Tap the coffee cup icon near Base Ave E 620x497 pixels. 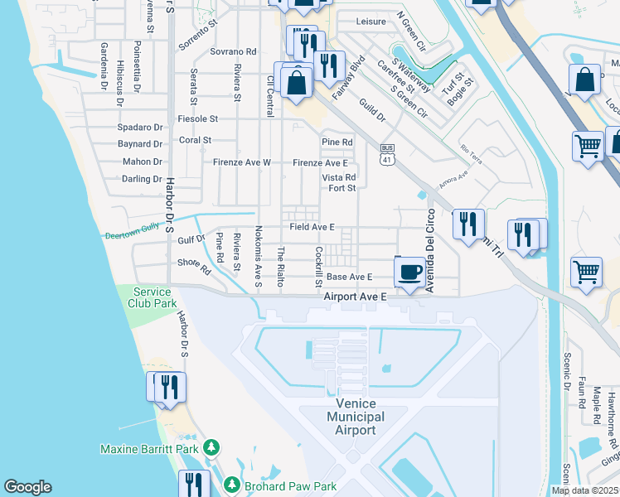(x=410, y=273)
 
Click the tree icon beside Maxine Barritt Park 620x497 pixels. (x=212, y=448)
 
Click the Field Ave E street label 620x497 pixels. (x=312, y=227)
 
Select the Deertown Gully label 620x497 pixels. (x=131, y=235)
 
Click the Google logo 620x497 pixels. (x=27, y=487)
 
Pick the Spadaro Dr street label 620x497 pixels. (x=139, y=128)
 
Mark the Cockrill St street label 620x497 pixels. (x=318, y=266)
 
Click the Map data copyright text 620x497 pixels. (x=584, y=490)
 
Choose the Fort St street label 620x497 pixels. (x=341, y=188)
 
